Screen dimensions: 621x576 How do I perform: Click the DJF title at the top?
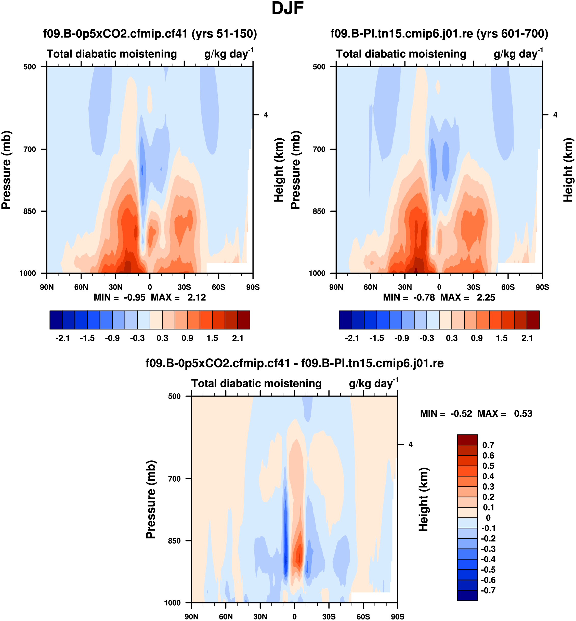point(287,8)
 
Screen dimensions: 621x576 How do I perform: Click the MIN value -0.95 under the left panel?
point(135,298)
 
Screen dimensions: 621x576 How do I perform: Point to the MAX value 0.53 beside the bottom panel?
point(523,414)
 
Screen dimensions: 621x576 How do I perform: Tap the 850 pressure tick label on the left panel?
point(30,211)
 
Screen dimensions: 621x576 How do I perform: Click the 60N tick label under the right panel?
point(370,287)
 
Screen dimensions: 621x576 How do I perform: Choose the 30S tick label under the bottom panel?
point(329,617)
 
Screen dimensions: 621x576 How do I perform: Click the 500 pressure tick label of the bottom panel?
point(174,396)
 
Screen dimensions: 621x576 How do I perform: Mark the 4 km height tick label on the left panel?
point(266,115)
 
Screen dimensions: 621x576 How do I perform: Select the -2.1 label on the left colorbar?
point(62,338)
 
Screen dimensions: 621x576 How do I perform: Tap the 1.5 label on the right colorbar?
point(502,338)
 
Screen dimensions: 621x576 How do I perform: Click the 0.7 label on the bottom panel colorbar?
point(488,445)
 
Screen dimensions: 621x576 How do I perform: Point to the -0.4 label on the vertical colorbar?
point(488,559)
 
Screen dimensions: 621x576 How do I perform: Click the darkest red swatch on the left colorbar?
point(243,320)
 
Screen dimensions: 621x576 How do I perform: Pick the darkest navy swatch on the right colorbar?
point(345,320)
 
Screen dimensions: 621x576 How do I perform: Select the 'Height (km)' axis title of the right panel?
point(568,170)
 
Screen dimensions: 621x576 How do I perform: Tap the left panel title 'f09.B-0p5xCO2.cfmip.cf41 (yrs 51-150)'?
point(150,34)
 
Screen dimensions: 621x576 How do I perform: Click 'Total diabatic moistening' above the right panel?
point(401,54)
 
